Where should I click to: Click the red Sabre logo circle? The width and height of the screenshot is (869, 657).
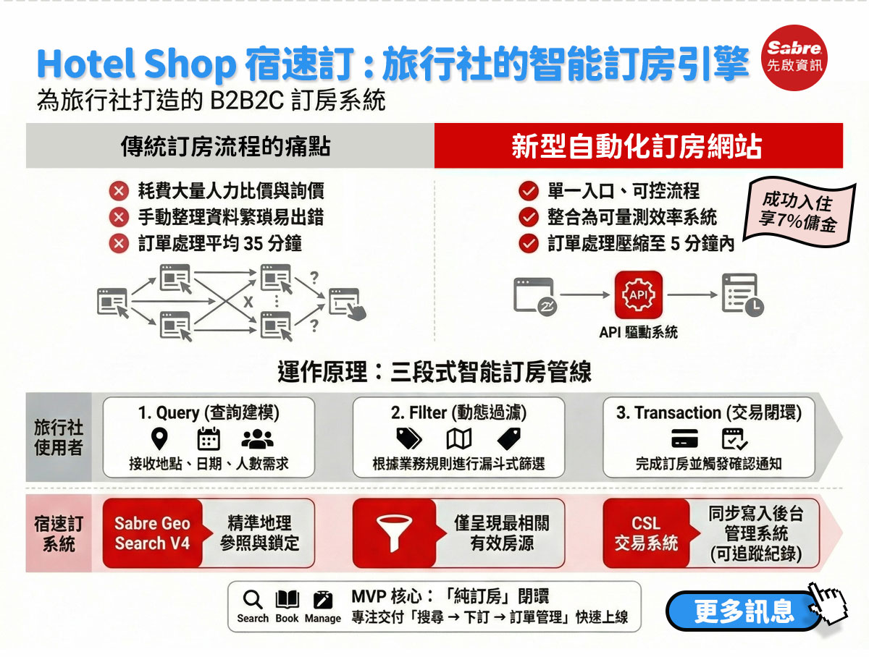[794, 58]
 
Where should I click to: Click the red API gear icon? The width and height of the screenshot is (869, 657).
[638, 294]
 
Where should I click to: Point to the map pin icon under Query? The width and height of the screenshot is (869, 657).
[159, 438]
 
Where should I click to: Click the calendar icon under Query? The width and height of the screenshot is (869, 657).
[209, 438]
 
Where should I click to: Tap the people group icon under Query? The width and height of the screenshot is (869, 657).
[257, 438]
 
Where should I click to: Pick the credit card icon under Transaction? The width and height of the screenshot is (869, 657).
[684, 438]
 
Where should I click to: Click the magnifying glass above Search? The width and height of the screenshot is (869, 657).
[253, 599]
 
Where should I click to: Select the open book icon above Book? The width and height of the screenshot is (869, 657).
[287, 599]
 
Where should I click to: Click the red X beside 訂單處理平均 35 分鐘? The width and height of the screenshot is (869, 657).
[119, 243]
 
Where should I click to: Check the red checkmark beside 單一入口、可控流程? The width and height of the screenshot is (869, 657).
[529, 192]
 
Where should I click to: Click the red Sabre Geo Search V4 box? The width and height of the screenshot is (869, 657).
[152, 533]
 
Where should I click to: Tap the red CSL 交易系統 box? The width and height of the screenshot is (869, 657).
[646, 533]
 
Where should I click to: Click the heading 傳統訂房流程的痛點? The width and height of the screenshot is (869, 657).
[226, 146]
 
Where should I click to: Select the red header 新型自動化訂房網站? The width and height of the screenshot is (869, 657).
[638, 145]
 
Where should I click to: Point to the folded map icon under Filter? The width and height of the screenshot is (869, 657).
[459, 439]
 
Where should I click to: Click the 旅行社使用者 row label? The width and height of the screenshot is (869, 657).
[59, 437]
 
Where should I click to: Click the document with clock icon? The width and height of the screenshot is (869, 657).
[742, 294]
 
